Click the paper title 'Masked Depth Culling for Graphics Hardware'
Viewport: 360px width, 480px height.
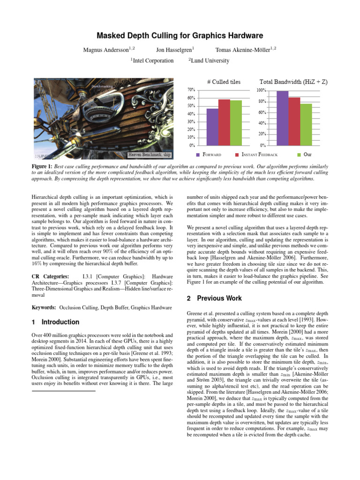point(180,36)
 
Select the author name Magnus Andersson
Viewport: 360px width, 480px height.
point(103,49)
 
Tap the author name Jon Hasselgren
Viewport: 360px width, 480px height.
point(175,49)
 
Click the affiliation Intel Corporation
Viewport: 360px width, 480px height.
point(152,60)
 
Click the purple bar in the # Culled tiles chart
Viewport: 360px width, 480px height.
point(212,127)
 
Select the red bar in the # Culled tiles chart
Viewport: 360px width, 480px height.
point(224,122)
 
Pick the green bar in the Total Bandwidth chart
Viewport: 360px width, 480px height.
point(306,124)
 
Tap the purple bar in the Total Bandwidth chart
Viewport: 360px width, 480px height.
point(282,118)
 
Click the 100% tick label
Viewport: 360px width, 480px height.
point(261,90)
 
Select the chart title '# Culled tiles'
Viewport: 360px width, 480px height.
point(224,82)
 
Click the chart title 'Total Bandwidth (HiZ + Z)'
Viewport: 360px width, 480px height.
point(293,82)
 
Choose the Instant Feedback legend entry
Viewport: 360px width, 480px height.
point(259,154)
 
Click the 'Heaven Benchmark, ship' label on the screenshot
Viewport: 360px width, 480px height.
point(150,154)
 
